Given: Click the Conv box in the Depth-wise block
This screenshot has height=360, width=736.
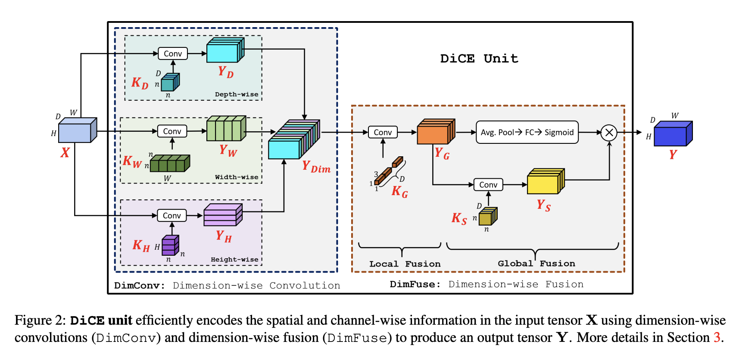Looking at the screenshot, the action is click(x=173, y=53).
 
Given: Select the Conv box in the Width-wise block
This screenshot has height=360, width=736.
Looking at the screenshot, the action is click(x=172, y=131).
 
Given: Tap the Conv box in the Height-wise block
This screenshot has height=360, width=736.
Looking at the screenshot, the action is click(x=172, y=215).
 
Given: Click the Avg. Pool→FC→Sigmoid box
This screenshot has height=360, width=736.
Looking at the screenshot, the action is click(x=527, y=132).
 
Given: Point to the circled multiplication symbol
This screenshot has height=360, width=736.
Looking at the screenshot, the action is click(x=609, y=133).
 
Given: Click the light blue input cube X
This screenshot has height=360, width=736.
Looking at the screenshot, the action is click(x=78, y=130).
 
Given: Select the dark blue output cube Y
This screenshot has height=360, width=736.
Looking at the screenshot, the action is click(x=673, y=133).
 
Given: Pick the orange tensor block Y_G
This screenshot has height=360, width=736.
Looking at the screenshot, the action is click(x=436, y=132).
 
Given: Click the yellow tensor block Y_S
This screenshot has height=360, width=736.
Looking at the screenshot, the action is click(x=546, y=181).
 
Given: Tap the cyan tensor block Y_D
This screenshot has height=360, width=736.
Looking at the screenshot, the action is click(x=225, y=50).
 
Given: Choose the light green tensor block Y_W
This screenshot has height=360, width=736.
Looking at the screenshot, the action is click(x=226, y=128).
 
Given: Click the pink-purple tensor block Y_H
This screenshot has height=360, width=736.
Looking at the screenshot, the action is click(x=223, y=215).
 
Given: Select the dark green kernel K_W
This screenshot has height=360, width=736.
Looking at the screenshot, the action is click(x=170, y=163).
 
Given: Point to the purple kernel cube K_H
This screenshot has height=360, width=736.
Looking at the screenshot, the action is click(x=171, y=245).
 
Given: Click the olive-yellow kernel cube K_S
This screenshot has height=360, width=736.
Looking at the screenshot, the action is click(x=488, y=216).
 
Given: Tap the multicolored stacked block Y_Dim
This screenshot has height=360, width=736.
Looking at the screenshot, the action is click(x=294, y=139).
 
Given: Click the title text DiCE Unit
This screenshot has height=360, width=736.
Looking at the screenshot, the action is click(x=479, y=59).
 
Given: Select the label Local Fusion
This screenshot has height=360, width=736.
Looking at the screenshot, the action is click(x=405, y=264).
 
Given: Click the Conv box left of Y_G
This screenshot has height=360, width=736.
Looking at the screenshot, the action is click(x=383, y=132).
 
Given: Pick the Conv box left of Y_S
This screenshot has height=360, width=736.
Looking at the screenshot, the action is click(x=488, y=185).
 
